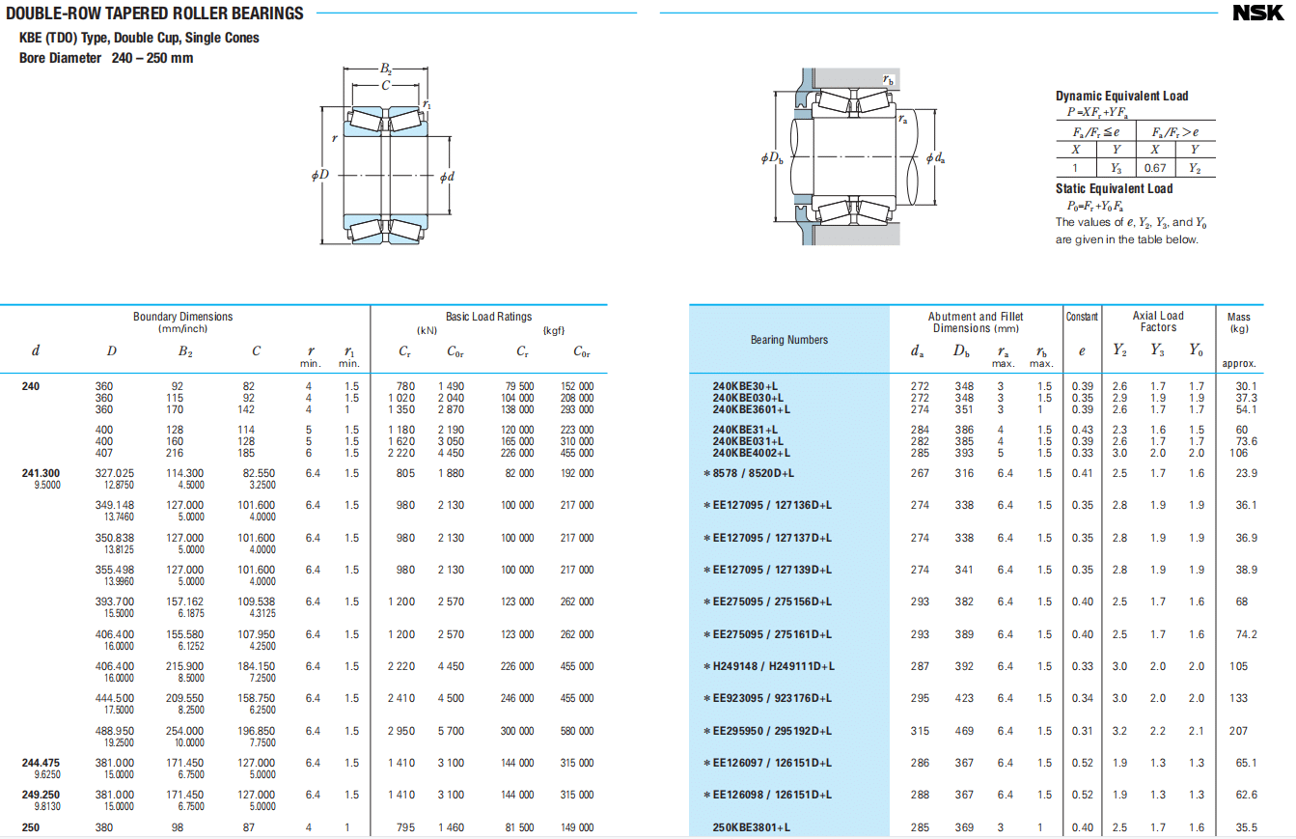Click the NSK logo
1257,13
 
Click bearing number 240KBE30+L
745,386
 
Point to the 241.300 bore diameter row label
41,473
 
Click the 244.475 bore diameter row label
41,763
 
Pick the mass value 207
1238,731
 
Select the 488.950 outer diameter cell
115,731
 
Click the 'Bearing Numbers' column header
789,340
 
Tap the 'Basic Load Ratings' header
488,317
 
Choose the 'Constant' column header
1082,317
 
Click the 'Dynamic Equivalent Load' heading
1122,97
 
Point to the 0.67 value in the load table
1155,168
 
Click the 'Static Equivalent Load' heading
1114,189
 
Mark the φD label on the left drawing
320,175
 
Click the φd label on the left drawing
447,177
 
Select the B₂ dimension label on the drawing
386,69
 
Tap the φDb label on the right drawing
772,157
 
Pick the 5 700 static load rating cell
451,731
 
